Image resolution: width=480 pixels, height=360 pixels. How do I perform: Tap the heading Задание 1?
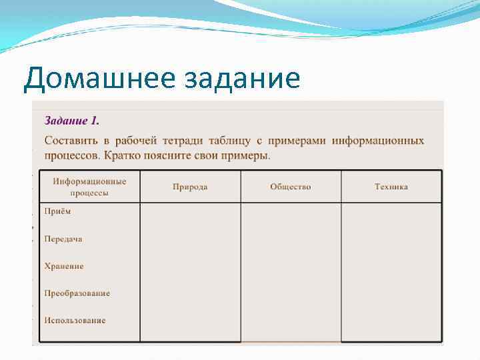pos(72,121)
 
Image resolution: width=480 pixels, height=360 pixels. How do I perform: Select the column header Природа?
pos(190,187)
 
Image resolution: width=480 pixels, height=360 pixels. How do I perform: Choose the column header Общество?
pos(291,187)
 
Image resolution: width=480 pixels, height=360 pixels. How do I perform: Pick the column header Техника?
pos(391,187)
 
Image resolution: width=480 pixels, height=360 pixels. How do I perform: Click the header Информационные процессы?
pos(89,187)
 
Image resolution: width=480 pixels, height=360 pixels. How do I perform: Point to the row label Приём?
pos(57,211)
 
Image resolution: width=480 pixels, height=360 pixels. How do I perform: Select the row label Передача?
pos(63,239)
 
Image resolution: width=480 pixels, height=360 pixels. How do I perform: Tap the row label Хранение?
pos(64,266)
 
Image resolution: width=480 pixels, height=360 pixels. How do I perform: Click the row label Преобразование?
pos(77,293)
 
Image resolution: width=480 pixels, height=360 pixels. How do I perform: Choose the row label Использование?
pos(75,320)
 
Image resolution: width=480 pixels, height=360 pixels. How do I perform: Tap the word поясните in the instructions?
pos(167,155)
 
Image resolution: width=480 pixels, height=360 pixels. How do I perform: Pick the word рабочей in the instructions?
pos(137,141)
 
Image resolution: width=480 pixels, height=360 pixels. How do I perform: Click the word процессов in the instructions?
pos(71,155)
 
